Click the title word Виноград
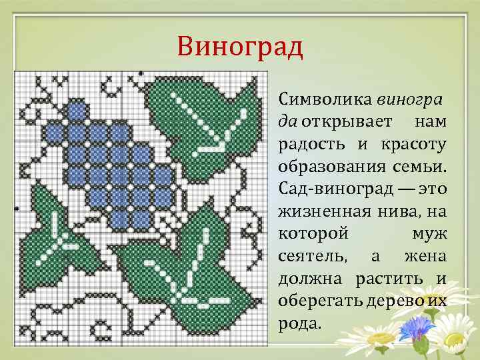pyautogui.click(x=240, y=48)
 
